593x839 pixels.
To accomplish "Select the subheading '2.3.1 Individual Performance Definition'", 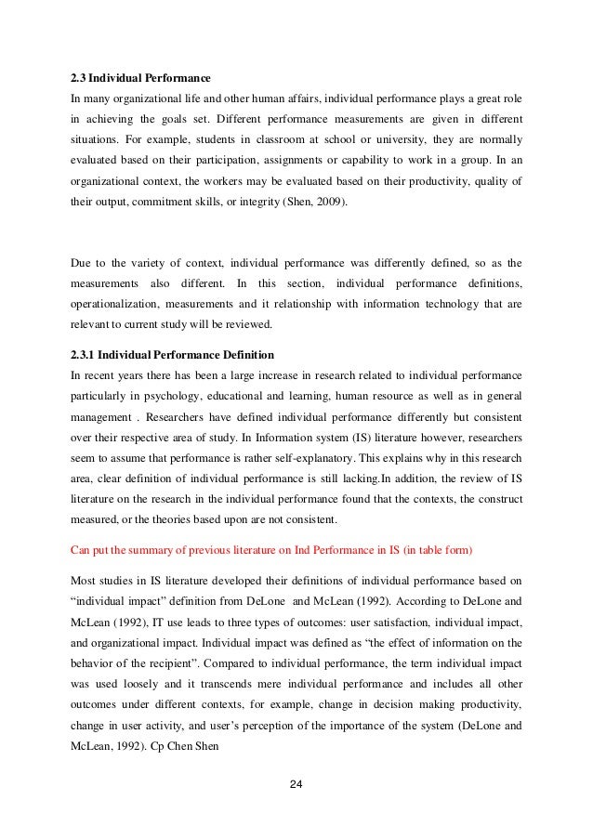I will coord(175,354).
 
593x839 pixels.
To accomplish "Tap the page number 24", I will coord(296,788).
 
